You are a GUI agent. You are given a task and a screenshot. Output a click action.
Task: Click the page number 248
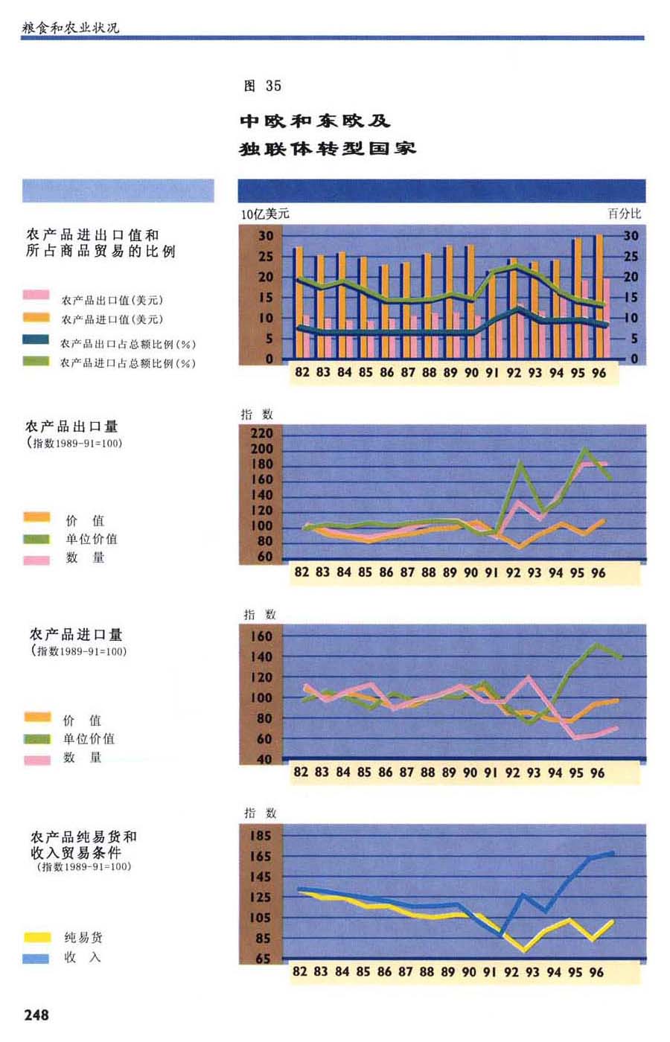[36, 1014]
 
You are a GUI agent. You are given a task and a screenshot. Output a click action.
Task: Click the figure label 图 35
[262, 86]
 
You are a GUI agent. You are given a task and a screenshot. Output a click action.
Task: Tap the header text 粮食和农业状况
[71, 28]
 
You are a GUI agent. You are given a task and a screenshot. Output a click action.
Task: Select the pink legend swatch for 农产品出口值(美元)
[36, 295]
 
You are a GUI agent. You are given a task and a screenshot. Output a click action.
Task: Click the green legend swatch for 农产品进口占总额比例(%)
[36, 362]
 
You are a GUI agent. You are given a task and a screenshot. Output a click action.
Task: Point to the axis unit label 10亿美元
[265, 214]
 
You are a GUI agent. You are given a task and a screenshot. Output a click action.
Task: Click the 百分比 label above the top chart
[624, 214]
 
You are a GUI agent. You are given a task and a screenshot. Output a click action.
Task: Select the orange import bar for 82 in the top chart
[298, 301]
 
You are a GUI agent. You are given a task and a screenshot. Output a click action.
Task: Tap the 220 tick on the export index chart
[266, 433]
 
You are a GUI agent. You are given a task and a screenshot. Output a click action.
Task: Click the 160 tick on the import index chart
[264, 636]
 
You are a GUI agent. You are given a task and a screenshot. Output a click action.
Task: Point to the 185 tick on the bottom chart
[261, 836]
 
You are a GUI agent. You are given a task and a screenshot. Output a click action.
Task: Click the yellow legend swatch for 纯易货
[36, 937]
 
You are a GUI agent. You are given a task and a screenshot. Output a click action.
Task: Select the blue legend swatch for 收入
[36, 958]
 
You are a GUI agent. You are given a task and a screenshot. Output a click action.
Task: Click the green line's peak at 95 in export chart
[584, 449]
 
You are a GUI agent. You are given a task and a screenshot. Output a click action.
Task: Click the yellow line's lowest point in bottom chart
[524, 950]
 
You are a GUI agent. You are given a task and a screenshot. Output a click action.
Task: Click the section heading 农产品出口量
[71, 426]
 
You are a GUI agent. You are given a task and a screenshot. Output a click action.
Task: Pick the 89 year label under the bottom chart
[447, 971]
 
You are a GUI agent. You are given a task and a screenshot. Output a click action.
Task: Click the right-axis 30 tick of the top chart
[631, 236]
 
